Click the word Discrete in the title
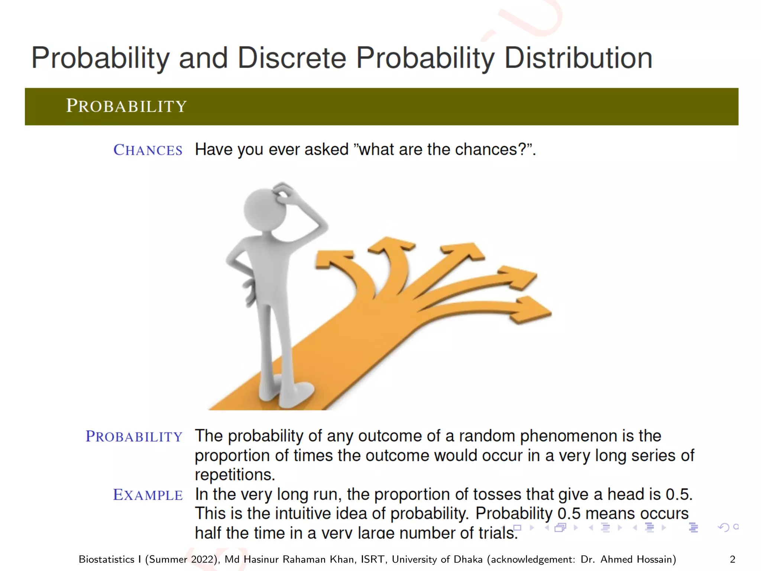(x=292, y=58)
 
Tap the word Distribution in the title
(x=578, y=58)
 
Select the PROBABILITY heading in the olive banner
(x=126, y=106)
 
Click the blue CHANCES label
(x=148, y=150)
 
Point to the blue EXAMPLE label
(x=148, y=495)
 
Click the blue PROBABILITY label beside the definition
(x=134, y=437)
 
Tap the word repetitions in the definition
(x=235, y=475)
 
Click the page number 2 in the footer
(x=732, y=559)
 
